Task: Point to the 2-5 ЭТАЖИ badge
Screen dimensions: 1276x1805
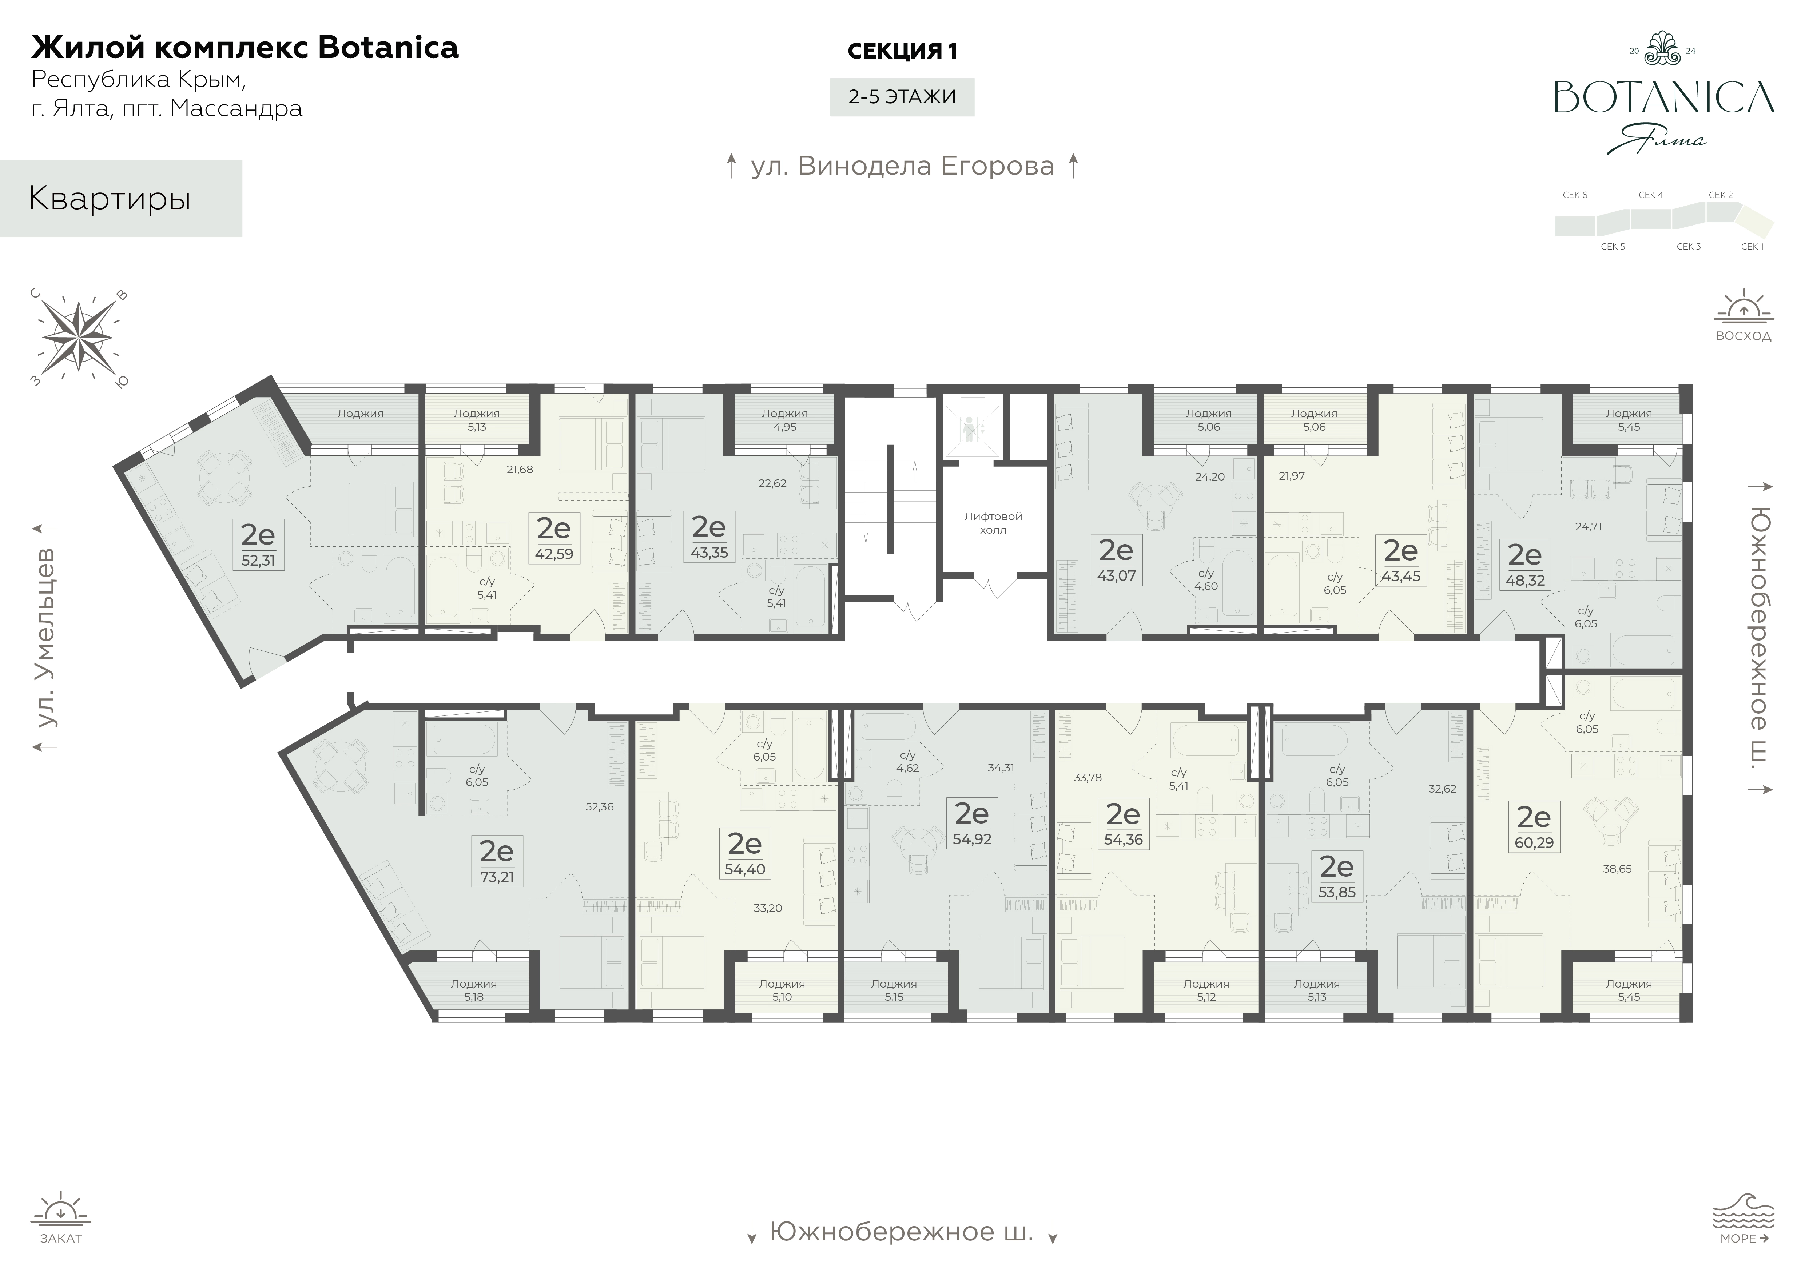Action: click(x=902, y=97)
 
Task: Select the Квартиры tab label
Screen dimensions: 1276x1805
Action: click(x=110, y=199)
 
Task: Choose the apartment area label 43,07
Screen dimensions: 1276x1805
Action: click(x=1116, y=575)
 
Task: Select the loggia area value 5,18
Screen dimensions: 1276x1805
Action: click(x=474, y=997)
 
